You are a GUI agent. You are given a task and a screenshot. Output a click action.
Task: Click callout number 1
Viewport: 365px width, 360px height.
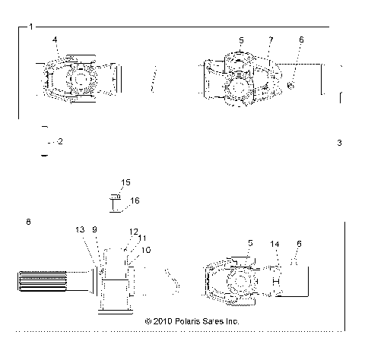pyautogui.click(x=30, y=27)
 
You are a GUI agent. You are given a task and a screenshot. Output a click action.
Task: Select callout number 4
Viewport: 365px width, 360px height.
pyautogui.click(x=55, y=39)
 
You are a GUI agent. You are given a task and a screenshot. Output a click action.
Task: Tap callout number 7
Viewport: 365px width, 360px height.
pyautogui.click(x=269, y=39)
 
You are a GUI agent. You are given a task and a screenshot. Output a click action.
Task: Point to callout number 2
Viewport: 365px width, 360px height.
pyautogui.click(x=60, y=142)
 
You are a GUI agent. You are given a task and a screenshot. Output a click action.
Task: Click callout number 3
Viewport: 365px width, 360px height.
pyautogui.click(x=339, y=143)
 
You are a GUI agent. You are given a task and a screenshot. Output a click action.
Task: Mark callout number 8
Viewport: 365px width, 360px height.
pyautogui.click(x=28, y=222)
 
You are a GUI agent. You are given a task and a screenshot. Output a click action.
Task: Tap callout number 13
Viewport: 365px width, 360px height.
pyautogui.click(x=81, y=229)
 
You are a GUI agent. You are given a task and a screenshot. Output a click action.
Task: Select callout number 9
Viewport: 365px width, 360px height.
pyautogui.click(x=94, y=229)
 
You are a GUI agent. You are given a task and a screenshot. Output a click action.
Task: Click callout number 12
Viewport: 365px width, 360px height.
pyautogui.click(x=134, y=231)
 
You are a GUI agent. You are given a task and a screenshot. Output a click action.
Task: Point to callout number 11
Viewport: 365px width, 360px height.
pyautogui.click(x=141, y=238)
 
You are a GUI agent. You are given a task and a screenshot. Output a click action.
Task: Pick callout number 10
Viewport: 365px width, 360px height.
pyautogui.click(x=146, y=249)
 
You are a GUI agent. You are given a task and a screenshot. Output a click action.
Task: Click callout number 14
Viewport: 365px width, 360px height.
pyautogui.click(x=275, y=243)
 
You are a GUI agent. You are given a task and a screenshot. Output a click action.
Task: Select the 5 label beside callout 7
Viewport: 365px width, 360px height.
pyautogui.click(x=241, y=39)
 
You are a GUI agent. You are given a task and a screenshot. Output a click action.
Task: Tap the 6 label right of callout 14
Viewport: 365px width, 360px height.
pyautogui.click(x=299, y=243)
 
